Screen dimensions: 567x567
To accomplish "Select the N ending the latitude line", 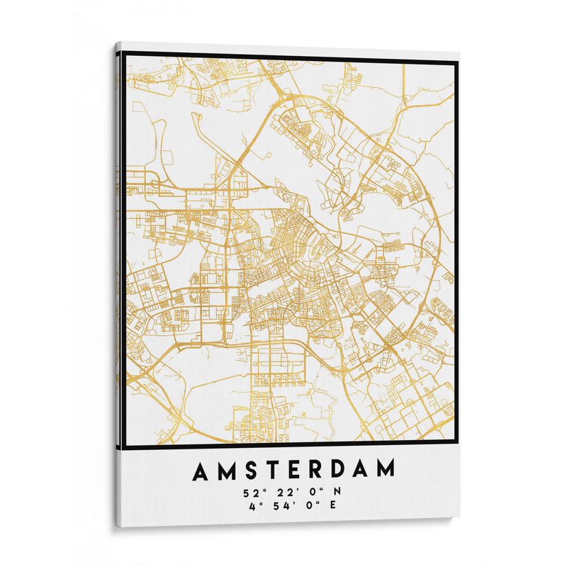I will [x=337, y=490].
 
